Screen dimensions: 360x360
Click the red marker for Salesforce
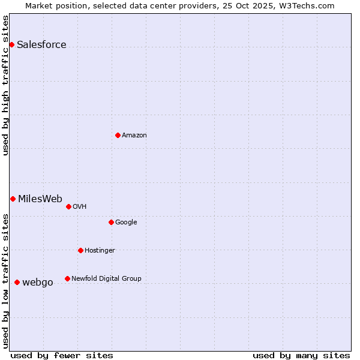[11, 44]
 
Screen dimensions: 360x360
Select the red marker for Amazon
[118, 135]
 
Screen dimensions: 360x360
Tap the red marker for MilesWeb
[13, 199]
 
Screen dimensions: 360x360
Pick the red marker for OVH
[68, 206]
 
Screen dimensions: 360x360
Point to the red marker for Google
[111, 222]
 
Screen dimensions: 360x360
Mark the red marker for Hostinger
[80, 250]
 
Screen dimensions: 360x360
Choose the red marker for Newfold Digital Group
[67, 278]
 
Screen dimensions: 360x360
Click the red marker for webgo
[17, 282]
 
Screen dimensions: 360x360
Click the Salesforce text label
[41, 45]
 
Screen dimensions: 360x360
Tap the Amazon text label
[134, 136]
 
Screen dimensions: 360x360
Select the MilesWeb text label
[40, 199]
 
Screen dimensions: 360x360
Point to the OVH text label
[80, 207]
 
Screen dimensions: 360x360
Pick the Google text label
[126, 223]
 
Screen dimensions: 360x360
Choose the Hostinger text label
[100, 251]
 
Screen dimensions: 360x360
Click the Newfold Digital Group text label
[106, 279]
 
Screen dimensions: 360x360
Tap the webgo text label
[38, 283]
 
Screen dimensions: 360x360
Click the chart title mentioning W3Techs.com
[180, 5]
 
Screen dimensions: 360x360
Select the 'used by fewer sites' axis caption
[62, 356]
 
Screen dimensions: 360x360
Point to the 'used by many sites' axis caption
[301, 356]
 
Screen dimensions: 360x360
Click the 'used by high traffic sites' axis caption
[5, 85]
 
